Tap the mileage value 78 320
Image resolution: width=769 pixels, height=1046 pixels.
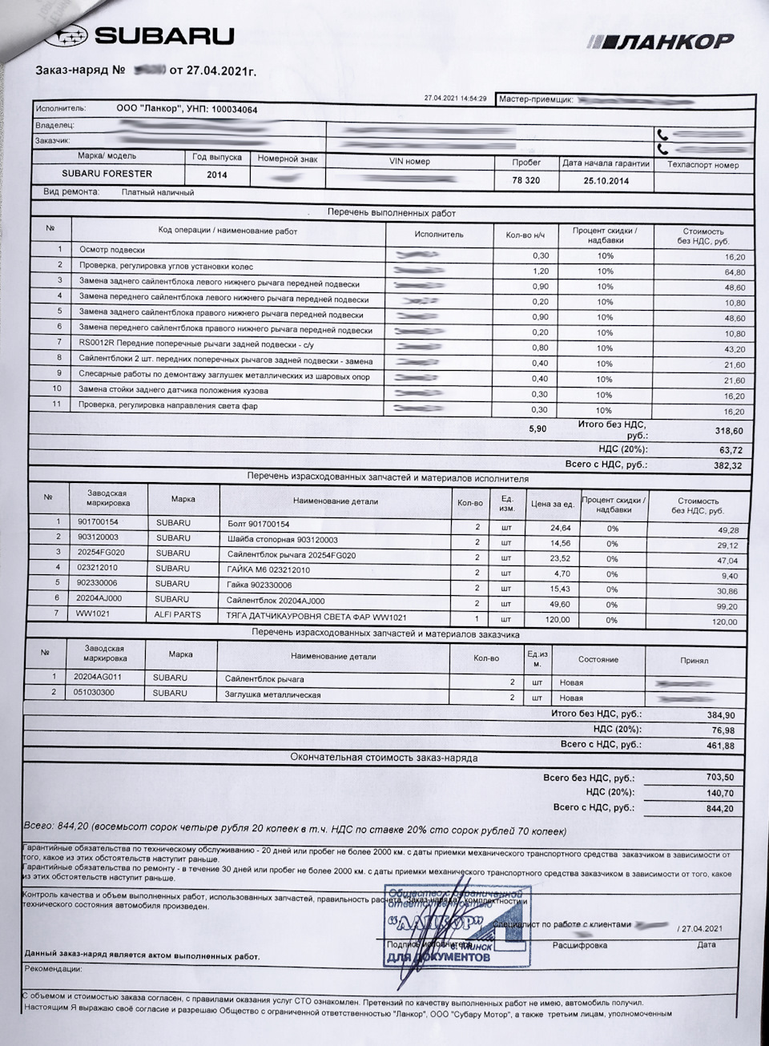(525, 181)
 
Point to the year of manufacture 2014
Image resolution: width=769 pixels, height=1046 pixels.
(216, 175)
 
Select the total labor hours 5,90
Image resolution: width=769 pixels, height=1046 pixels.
(537, 429)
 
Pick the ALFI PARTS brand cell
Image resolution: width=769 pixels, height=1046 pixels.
(179, 615)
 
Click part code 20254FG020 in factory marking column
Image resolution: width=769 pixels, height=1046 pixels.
(100, 553)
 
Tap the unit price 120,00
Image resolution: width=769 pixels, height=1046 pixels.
(558, 619)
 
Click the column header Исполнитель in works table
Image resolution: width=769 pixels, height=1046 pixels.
(438, 235)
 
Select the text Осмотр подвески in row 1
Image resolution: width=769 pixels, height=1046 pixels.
(112, 250)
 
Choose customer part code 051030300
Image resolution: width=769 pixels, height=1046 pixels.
(94, 693)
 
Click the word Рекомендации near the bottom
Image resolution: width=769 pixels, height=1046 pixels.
(53, 968)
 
